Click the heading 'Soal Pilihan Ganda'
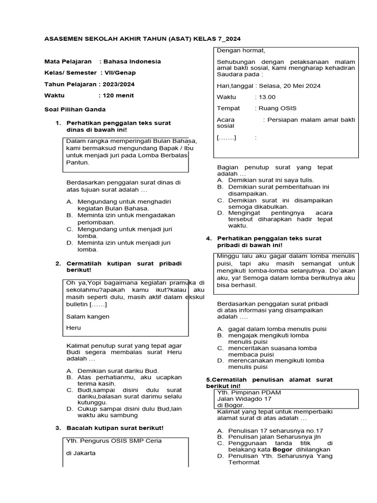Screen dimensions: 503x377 pyautogui.click(x=75, y=109)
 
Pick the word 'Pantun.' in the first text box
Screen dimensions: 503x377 pyautogui.click(x=78, y=162)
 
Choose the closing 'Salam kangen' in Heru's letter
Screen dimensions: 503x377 pyautogui.click(x=88, y=317)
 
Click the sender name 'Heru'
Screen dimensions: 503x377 pyautogui.click(x=74, y=328)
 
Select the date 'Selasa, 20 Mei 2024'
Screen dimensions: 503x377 pyautogui.click(x=290, y=85)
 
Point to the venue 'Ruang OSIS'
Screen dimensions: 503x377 pyautogui.click(x=275, y=108)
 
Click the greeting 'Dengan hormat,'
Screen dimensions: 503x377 pyautogui.click(x=241, y=50)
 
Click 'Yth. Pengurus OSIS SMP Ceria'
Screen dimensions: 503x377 pyautogui.click(x=114, y=441)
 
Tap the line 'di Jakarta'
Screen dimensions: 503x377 pyautogui.click(x=81, y=452)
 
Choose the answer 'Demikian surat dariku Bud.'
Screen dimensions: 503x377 pyautogui.click(x=118, y=370)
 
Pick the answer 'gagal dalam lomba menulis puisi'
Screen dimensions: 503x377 pyautogui.click(x=277, y=329)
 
